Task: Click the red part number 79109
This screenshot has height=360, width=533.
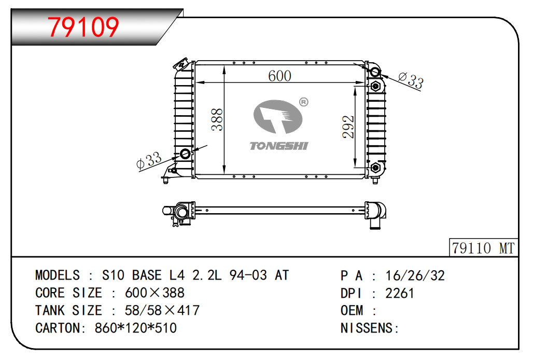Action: coord(83,27)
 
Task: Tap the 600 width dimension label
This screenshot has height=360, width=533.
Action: coord(279,76)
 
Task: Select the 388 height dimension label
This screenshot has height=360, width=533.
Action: coord(217,120)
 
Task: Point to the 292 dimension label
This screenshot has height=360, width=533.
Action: coord(348,127)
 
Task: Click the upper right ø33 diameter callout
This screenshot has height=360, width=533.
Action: coord(411,80)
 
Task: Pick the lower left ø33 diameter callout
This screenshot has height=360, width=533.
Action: coord(149,160)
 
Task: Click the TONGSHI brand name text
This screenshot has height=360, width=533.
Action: coord(279,146)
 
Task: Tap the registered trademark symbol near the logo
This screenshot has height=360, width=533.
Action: coord(303,102)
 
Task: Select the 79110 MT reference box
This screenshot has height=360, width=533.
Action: coord(483,248)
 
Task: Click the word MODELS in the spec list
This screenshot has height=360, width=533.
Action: coord(58,275)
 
